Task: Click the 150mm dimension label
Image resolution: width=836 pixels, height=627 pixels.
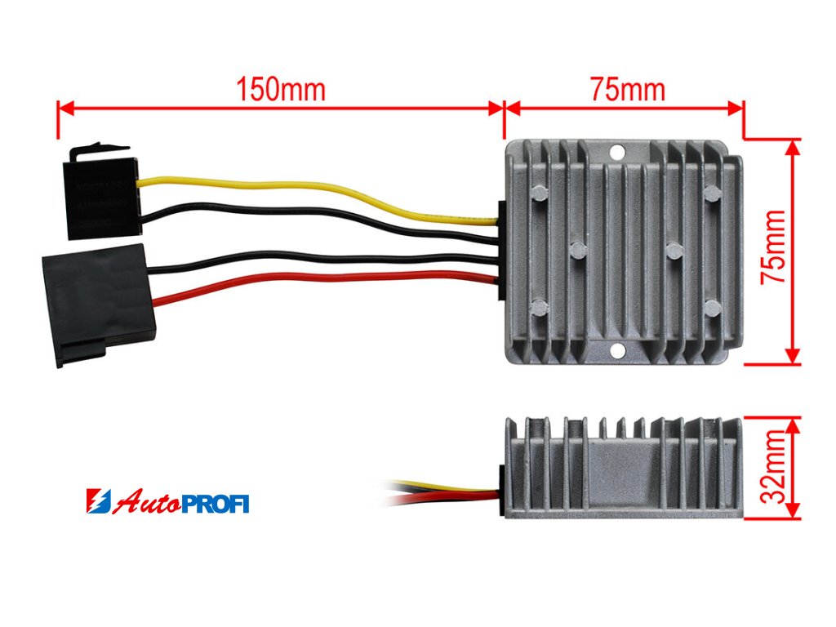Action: pyautogui.click(x=280, y=89)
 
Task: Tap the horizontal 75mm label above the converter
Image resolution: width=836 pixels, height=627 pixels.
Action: pyautogui.click(x=627, y=89)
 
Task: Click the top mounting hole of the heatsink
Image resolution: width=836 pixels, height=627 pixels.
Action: pyautogui.click(x=617, y=151)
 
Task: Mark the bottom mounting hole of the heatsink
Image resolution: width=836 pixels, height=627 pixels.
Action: pyautogui.click(x=617, y=351)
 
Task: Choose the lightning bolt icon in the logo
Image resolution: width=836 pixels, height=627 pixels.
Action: pyautogui.click(x=96, y=501)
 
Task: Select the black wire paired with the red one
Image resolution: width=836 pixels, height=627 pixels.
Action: pyautogui.click(x=327, y=259)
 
